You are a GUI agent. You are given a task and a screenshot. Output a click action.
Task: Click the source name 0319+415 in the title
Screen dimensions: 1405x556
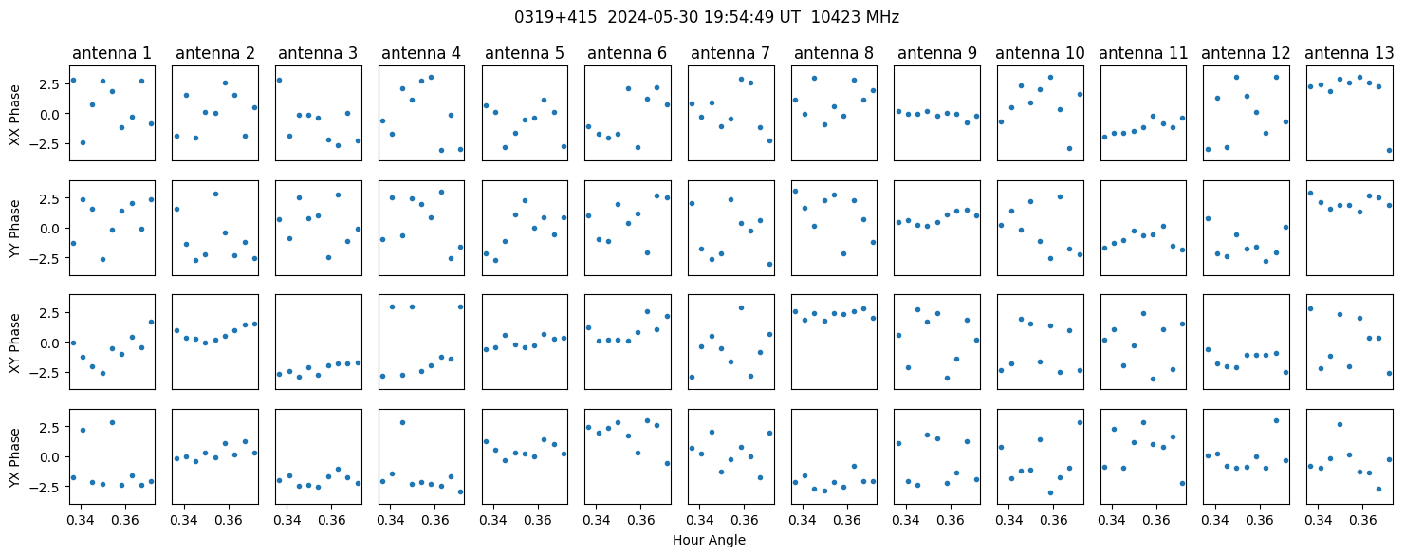(x=555, y=18)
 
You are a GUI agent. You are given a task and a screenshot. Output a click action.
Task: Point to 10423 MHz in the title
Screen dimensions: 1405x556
(x=855, y=18)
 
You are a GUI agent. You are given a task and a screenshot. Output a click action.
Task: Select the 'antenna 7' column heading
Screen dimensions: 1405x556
(x=730, y=54)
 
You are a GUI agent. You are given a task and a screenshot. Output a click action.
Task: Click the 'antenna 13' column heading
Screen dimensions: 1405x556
(x=1349, y=54)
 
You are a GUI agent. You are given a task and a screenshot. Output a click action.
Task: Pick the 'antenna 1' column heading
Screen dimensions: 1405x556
(x=112, y=54)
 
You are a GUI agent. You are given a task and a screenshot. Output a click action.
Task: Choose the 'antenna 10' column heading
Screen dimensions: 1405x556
(x=1040, y=54)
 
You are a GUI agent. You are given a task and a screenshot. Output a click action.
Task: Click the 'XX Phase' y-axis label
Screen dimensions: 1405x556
(x=15, y=115)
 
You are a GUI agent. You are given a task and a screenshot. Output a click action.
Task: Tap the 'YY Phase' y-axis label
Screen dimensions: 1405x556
(x=15, y=229)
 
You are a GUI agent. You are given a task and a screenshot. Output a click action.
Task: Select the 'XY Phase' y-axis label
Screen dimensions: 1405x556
(x=15, y=343)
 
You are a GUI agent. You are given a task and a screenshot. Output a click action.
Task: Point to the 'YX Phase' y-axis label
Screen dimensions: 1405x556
(x=15, y=456)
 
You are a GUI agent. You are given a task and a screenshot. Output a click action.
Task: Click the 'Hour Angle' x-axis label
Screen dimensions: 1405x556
(x=709, y=540)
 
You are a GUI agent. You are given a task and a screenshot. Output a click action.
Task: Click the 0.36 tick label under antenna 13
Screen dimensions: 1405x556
(x=1362, y=520)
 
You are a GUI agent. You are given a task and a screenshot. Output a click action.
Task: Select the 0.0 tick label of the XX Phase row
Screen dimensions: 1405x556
(x=53, y=114)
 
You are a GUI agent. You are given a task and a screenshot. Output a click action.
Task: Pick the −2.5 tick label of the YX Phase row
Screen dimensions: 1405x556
(x=48, y=487)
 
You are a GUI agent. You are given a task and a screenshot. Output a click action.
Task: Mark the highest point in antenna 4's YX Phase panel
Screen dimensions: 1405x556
(x=402, y=423)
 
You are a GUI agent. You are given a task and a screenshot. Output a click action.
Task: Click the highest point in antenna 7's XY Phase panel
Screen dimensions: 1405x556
(x=741, y=308)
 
